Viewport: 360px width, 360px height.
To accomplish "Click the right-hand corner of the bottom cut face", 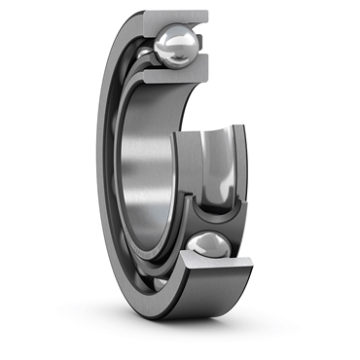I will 252,262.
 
